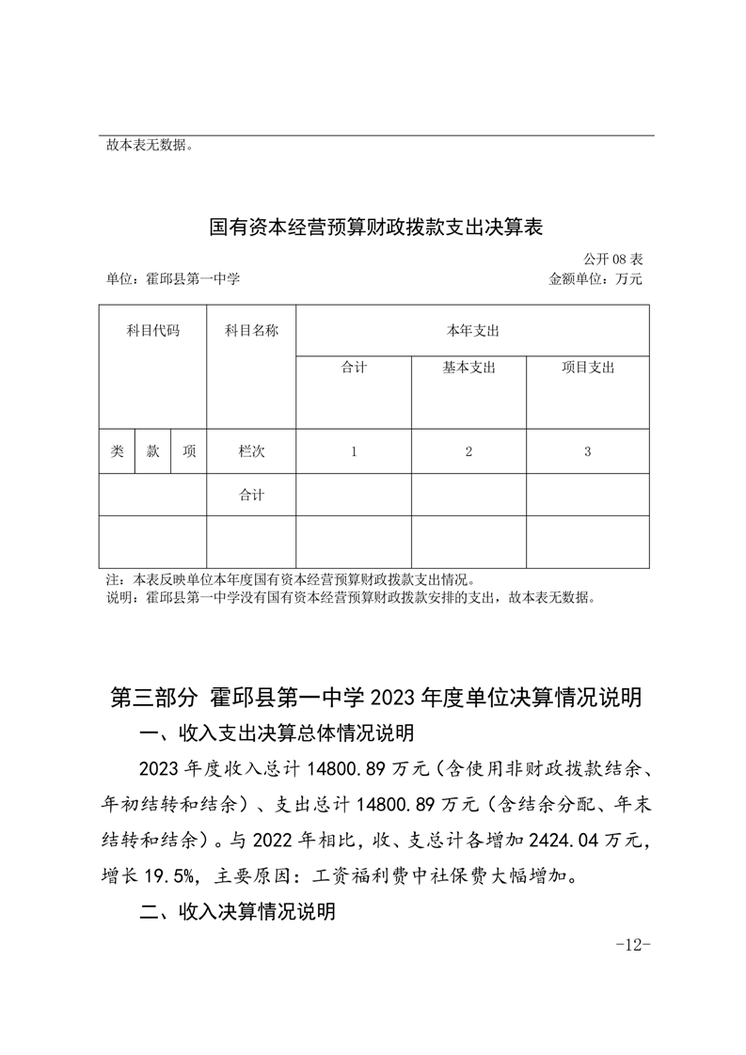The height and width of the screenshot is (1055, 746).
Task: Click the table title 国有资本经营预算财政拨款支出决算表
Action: point(376,228)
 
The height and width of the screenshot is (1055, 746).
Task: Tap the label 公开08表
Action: point(612,259)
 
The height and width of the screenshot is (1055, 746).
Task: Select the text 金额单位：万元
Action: point(595,278)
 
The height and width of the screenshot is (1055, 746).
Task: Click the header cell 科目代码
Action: point(152,331)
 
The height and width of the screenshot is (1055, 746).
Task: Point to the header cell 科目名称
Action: point(251,331)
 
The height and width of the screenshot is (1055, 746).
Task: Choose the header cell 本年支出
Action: point(472,331)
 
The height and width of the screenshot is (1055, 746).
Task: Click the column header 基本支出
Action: point(468,368)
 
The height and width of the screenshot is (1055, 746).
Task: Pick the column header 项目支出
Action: point(588,368)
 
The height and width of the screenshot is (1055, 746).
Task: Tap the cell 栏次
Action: point(251,451)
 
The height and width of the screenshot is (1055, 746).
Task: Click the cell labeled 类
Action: point(117,451)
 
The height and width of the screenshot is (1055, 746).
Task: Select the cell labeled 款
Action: point(152,451)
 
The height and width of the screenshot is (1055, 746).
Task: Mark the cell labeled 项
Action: point(189,451)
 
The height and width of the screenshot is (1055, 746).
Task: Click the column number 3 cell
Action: point(588,451)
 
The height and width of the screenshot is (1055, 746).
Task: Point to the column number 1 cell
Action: point(354,451)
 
